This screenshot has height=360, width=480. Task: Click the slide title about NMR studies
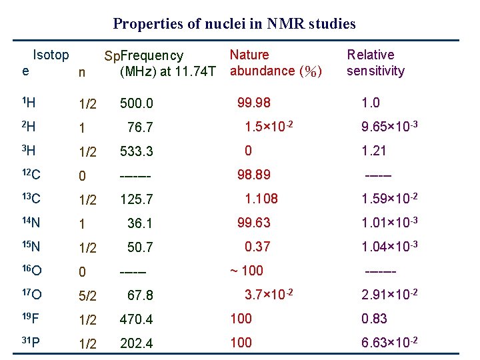[234, 24]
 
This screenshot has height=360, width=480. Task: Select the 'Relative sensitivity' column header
[375, 63]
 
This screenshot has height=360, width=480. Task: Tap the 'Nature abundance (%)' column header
[275, 63]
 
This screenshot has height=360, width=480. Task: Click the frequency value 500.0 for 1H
[137, 103]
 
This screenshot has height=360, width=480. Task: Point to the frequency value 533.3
[137, 151]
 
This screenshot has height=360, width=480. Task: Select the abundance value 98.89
[255, 175]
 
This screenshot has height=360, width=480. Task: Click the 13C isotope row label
[31, 198]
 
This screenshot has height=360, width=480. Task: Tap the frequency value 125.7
[137, 199]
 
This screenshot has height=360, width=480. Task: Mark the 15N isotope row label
[31, 247]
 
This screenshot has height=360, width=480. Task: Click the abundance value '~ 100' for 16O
[247, 270]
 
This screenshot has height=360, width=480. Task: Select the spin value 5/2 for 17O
[88, 295]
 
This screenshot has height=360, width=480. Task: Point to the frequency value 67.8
[140, 295]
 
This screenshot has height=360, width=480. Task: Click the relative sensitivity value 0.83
[374, 319]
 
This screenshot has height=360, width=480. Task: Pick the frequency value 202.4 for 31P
[137, 343]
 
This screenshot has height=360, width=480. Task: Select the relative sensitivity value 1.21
[373, 151]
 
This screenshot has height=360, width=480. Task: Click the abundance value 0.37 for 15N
[257, 246]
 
